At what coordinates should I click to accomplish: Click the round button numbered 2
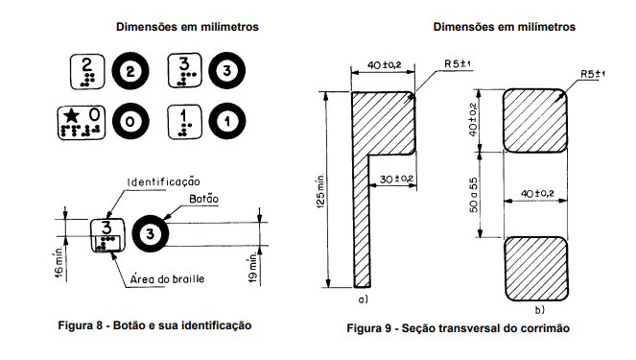130,71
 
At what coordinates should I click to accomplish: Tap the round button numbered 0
130,121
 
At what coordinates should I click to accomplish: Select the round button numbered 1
226,121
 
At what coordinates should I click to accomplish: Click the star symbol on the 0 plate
72,116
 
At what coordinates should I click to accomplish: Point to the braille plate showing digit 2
87,71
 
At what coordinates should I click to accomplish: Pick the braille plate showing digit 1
184,122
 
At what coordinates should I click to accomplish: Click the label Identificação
164,181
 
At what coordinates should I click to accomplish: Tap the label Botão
203,199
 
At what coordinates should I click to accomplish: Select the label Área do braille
167,279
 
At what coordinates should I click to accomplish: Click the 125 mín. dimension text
320,192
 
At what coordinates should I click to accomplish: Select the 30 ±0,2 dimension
396,179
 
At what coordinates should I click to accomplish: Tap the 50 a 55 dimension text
473,195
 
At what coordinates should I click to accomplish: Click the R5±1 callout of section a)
458,64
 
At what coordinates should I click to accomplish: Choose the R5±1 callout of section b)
593,74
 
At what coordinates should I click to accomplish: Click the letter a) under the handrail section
363,300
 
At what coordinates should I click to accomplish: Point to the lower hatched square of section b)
536,269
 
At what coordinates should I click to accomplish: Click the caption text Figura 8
81,325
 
